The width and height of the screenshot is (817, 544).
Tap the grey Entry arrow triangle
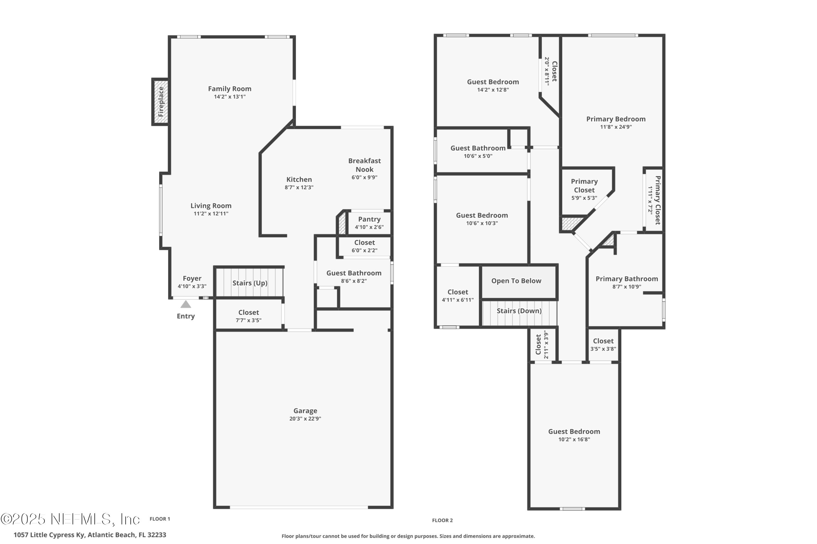point(186,305)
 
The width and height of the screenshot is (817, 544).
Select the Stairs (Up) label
point(250,283)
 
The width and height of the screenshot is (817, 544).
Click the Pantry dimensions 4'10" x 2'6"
point(369,227)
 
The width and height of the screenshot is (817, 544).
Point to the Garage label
point(305,411)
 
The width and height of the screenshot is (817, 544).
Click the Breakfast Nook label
point(364,165)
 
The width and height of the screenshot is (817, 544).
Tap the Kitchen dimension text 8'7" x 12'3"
point(299,187)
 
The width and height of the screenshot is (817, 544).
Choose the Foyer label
point(192,279)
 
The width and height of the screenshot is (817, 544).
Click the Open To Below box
point(516,281)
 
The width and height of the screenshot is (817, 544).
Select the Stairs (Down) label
point(519,311)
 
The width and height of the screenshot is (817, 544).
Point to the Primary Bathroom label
point(627,279)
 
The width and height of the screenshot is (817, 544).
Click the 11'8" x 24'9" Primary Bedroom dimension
point(616,127)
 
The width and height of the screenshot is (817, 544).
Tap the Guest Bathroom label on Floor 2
point(478,148)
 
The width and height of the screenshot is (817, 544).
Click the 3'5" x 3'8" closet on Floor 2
point(603,345)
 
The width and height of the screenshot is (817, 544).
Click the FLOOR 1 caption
point(160,519)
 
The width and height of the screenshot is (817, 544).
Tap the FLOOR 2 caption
point(442,520)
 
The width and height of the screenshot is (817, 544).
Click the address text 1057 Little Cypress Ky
point(90,535)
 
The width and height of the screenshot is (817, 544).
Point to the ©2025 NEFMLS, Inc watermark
point(69,519)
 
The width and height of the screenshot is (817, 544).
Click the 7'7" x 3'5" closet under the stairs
point(248,316)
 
